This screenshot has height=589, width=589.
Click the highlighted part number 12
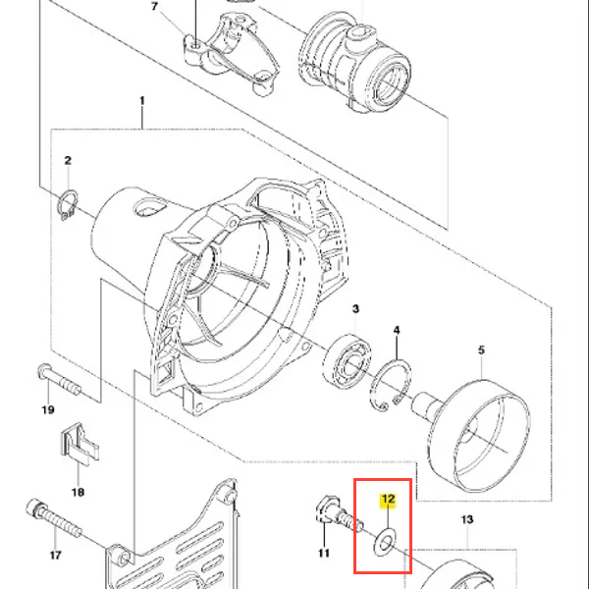pos(388,500)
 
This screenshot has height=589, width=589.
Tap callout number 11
pos(324,553)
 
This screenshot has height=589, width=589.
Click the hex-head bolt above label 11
pos(338,512)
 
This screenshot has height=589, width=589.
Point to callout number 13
pos(467,520)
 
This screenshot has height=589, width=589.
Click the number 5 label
pos(481,350)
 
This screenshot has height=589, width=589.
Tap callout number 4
pos(397,330)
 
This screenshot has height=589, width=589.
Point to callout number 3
pos(355,309)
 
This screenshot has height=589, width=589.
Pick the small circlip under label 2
pos(69,205)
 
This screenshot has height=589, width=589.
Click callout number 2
pos(68,160)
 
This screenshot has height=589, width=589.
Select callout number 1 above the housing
pos(142,101)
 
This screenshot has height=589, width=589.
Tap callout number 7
pos(154,7)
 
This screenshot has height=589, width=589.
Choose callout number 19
pos(48,409)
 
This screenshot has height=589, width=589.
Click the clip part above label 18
pos(80,444)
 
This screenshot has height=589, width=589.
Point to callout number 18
pos(78,492)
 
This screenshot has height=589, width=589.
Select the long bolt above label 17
pos(54,518)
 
